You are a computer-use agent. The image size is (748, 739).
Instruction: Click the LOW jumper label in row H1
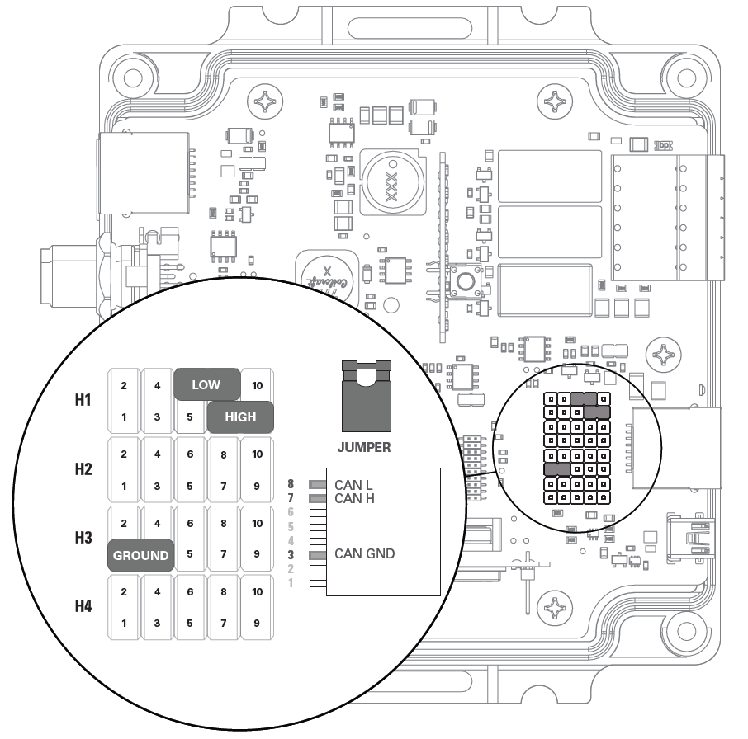(206, 384)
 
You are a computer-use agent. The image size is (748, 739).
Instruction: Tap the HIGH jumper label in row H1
(239, 417)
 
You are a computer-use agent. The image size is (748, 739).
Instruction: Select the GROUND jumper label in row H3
(140, 555)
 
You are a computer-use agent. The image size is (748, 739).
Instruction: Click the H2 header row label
(83, 470)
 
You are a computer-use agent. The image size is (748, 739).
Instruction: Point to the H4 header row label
(83, 607)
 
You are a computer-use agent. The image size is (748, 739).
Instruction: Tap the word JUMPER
(364, 448)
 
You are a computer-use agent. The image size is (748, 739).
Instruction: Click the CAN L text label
(353, 485)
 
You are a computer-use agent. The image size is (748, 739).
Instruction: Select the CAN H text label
(353, 498)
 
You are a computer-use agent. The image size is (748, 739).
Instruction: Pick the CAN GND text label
(364, 553)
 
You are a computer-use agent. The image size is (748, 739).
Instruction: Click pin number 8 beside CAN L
(314, 484)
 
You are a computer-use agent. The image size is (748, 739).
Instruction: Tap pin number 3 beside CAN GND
(314, 553)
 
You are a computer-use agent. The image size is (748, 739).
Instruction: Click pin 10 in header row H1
(257, 385)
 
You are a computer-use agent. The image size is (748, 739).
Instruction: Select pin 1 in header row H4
(124, 624)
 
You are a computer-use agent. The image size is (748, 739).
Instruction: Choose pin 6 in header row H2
(190, 454)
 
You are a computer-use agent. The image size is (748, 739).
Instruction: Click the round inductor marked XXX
(390, 180)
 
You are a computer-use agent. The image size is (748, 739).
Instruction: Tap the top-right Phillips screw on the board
(554, 103)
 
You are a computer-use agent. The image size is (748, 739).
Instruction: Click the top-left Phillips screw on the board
(269, 103)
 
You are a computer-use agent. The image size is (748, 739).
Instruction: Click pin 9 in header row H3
(257, 554)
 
